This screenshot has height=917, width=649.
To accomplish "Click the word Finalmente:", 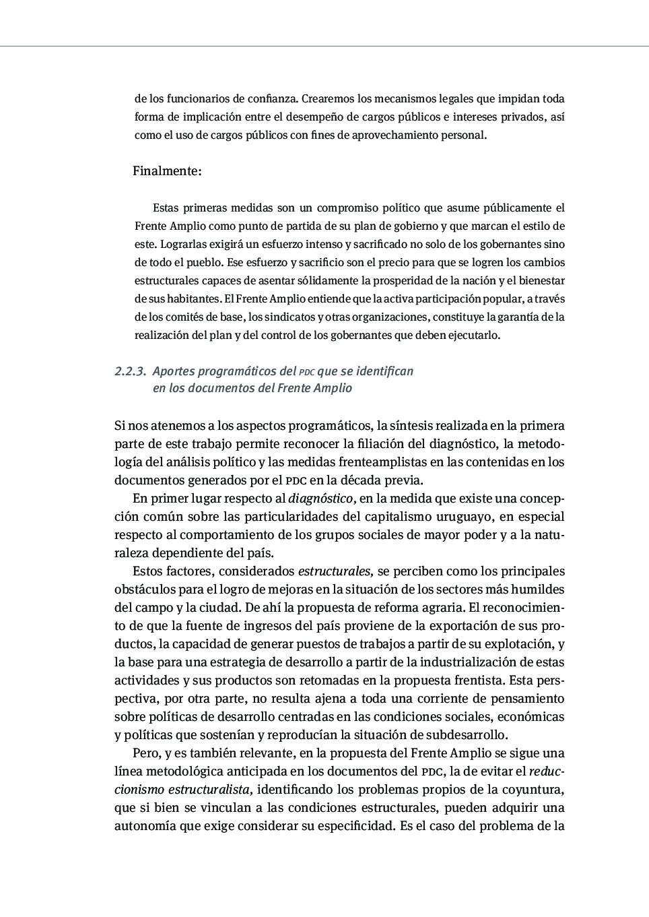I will click(167, 171).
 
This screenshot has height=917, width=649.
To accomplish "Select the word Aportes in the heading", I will click(174, 371).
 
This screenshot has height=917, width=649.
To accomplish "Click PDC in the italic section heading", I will click(306, 372).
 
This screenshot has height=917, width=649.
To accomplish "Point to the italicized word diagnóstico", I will click(321, 499).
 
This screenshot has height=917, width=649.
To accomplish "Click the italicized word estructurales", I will click(335, 571).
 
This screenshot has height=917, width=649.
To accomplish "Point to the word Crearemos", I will click(326, 98).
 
